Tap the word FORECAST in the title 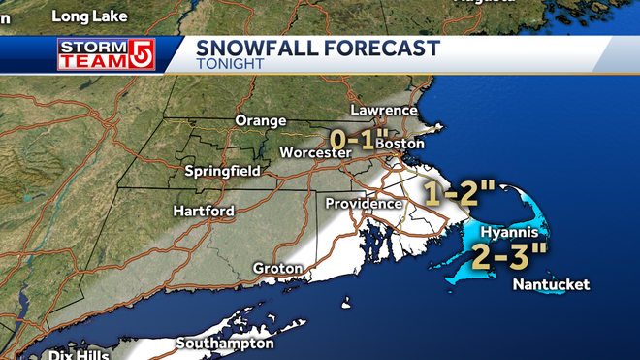coord(380,49)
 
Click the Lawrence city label coord(384,111)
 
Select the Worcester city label coord(313,153)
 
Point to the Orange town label coord(260,120)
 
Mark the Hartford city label coord(203,211)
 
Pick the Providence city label coord(363,203)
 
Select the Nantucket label coord(551,284)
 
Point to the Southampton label coord(225,343)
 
